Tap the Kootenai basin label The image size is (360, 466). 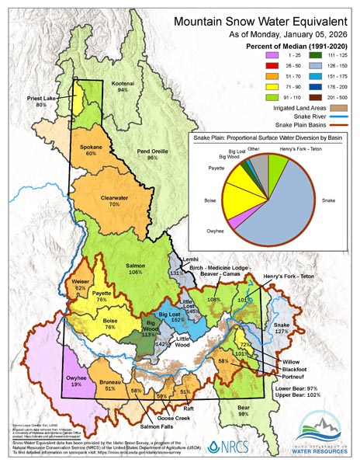[x=122, y=85]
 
